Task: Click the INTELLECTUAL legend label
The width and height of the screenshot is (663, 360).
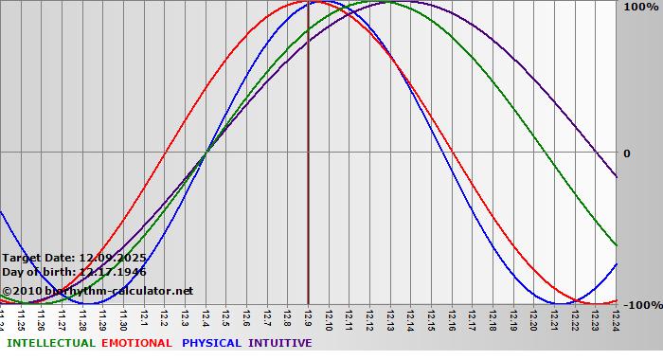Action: pos(50,343)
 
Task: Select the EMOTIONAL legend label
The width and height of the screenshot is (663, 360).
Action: pos(136,343)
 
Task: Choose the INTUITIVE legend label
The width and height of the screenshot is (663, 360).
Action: pos(280,343)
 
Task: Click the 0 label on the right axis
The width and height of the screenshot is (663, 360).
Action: pos(626,153)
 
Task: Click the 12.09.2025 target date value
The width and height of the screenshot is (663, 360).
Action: pos(113,258)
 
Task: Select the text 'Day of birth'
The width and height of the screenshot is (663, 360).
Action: pos(35,271)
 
